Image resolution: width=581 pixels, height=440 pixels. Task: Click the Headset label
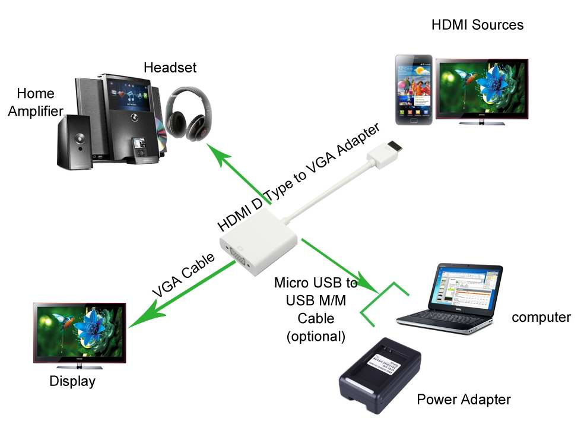point(170,67)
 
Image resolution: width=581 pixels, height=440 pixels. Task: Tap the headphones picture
point(186,113)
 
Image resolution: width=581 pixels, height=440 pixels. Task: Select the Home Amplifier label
point(35,102)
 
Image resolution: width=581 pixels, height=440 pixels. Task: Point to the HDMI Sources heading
point(478,25)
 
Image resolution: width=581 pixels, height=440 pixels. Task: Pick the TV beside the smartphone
point(481,90)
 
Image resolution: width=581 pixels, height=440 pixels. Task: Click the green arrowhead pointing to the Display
point(137,321)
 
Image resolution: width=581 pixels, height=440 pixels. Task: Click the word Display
point(72,381)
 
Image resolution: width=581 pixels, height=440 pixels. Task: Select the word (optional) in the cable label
point(316,336)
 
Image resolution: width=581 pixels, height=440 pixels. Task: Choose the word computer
point(541,317)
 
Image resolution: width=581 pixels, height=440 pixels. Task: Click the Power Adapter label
point(463,399)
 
